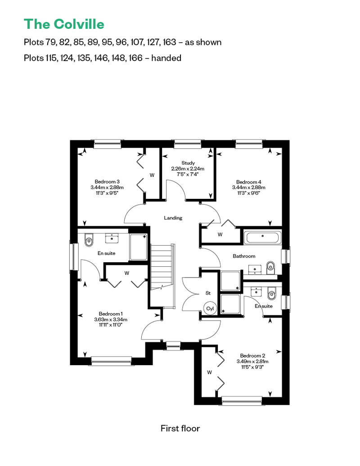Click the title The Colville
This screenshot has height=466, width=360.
click(64, 24)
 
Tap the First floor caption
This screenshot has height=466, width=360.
click(180, 428)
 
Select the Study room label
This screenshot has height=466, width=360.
click(188, 163)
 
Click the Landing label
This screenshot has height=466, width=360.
click(173, 218)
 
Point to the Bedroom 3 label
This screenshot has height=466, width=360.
click(107, 182)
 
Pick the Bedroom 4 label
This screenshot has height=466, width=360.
click(248, 182)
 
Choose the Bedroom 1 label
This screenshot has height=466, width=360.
click(111, 314)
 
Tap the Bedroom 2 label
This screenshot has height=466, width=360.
click(252, 356)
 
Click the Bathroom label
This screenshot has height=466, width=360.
click(244, 256)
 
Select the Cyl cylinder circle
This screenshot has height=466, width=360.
click(210, 309)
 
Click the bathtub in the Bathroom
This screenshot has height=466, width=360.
click(262, 237)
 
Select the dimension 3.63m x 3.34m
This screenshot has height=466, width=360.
click(111, 319)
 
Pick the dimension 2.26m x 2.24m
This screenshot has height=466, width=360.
click(188, 169)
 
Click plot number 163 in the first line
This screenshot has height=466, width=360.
click(169, 42)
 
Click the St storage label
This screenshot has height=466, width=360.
click(208, 293)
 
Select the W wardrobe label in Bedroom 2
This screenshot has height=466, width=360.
click(209, 372)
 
